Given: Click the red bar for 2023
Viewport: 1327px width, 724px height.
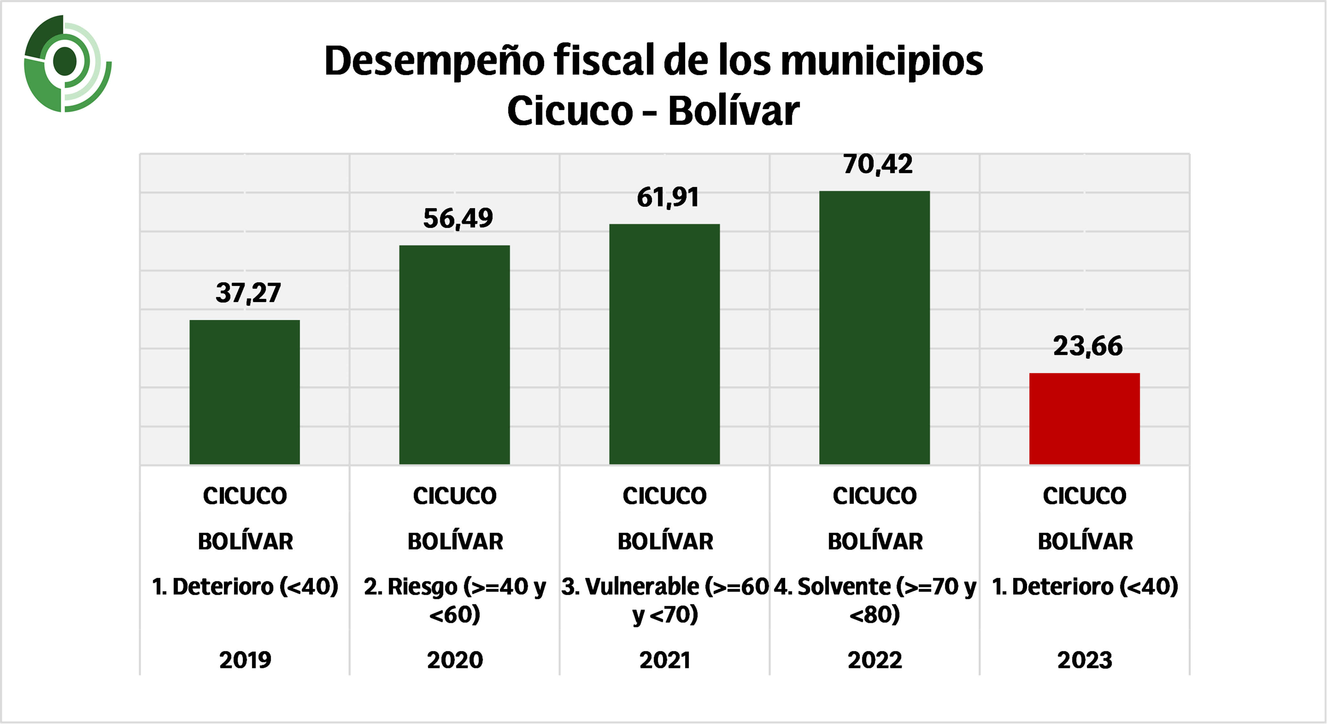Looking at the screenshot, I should point(1084,418).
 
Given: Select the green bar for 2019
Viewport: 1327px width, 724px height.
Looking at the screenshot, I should point(245,392).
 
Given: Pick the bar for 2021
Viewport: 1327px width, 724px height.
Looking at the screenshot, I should point(664,344).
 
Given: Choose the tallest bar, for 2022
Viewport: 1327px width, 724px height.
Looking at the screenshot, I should point(874,328).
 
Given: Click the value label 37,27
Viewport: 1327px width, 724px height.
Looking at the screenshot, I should point(248,293).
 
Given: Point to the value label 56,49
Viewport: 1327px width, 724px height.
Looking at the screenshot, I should point(458,218).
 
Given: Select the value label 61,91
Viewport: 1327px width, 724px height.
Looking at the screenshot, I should point(668,197).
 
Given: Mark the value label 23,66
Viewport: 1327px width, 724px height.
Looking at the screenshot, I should point(1087,346).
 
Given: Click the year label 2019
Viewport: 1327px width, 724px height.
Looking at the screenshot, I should point(245,660).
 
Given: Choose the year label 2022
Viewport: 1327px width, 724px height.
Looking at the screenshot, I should point(875,660).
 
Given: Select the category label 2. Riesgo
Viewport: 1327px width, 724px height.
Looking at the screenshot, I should point(454,600).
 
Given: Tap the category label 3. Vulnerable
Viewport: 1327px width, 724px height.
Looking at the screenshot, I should point(664,600).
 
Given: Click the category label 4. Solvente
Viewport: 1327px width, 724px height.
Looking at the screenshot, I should point(875,600).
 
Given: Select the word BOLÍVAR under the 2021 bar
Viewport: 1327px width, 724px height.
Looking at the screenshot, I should point(665,541).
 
